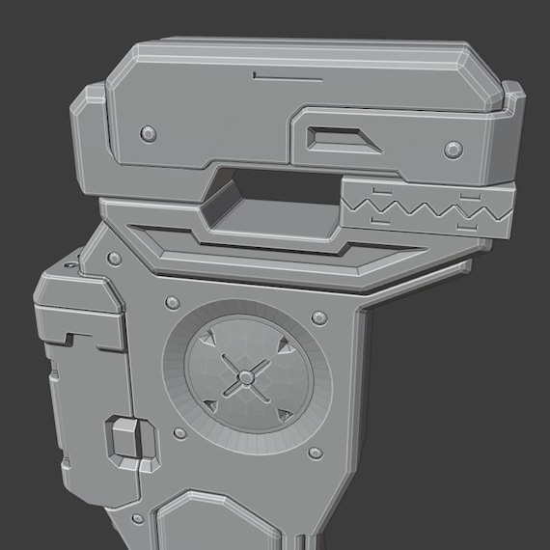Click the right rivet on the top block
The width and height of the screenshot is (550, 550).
[x=453, y=148]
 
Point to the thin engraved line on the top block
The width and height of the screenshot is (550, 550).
[x=280, y=73]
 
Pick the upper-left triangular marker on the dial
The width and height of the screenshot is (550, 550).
[x=209, y=340]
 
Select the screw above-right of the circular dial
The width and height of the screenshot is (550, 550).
[x=319, y=316]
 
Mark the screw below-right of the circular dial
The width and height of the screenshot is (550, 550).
[x=315, y=453]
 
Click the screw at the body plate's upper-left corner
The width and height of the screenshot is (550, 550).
[x=115, y=259]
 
